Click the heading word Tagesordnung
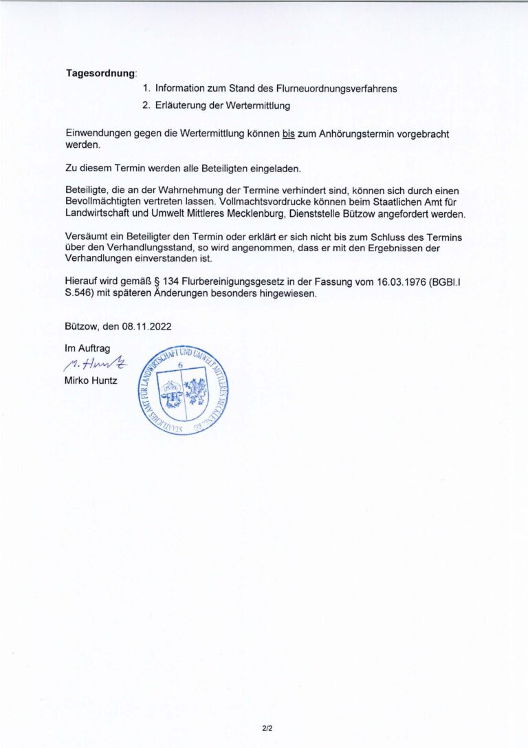pos(100,73)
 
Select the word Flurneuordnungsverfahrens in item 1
pos(336,89)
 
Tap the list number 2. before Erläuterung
pos(146,106)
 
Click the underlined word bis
pos(288,134)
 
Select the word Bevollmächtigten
pos(105,202)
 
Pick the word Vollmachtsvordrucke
pos(263,202)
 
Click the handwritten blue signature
pos(95,365)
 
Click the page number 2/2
pos(267,727)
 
